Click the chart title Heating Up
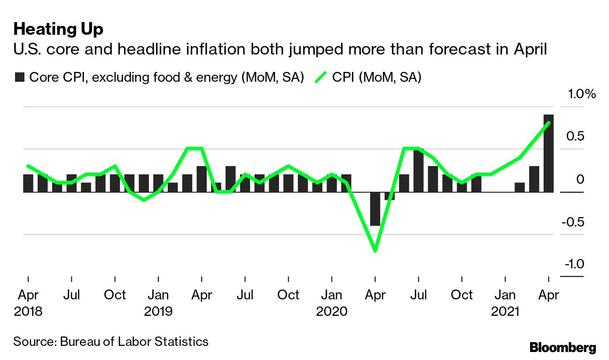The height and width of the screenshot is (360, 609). tap(58, 29)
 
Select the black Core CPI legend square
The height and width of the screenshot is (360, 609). tap(19, 77)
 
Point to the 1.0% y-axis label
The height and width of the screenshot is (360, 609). tap(581, 94)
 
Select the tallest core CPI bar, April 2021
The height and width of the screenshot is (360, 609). tap(548, 153)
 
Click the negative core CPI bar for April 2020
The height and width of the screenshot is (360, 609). tap(375, 209)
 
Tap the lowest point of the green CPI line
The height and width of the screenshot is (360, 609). tap(375, 250)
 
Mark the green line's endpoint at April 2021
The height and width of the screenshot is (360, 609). tap(548, 123)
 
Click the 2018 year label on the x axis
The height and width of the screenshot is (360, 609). tap(28, 312)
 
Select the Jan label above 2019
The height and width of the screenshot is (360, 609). tap(158, 295)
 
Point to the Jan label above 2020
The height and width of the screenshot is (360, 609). tap(332, 295)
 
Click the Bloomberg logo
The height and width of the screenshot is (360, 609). tap(562, 347)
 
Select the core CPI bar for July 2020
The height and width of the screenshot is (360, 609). tap(418, 170)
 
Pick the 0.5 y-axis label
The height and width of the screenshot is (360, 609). tap(575, 136)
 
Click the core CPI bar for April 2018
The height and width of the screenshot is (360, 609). tap(28, 183)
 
